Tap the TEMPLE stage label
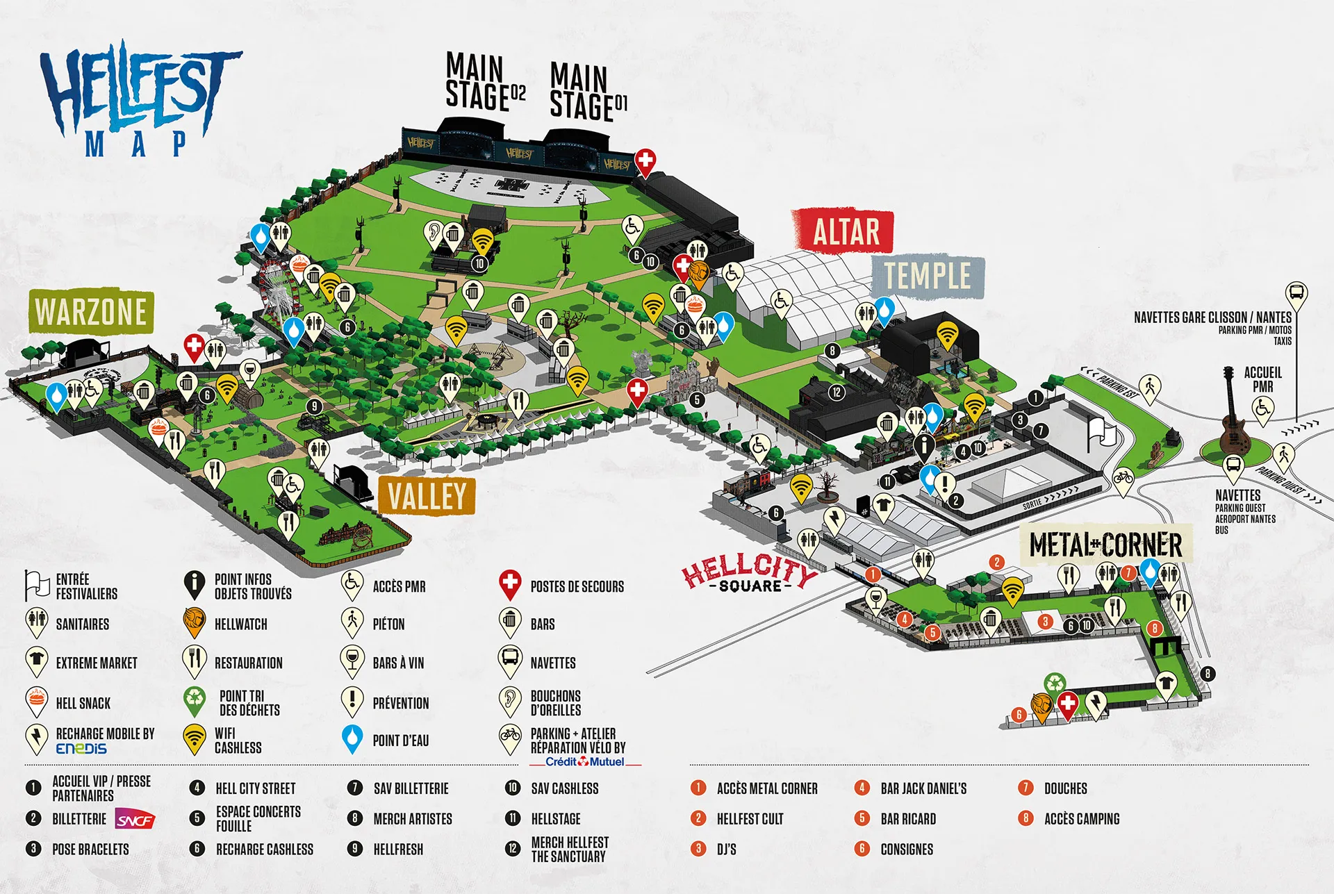click(x=928, y=276)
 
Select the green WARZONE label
click(x=91, y=311)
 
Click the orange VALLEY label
click(x=427, y=496)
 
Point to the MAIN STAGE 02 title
click(x=484, y=82)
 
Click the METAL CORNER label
click(x=1105, y=545)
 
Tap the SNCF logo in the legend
click(x=134, y=820)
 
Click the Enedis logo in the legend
click(x=81, y=749)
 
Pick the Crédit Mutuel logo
click(x=585, y=762)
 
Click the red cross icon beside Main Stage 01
click(x=645, y=161)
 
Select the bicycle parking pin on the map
click(x=1123, y=479)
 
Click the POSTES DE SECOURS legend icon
click(x=511, y=584)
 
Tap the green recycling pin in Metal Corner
click(x=1055, y=684)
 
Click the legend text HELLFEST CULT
click(x=750, y=819)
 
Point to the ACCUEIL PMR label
click(x=1262, y=379)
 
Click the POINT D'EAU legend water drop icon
click(x=353, y=738)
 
